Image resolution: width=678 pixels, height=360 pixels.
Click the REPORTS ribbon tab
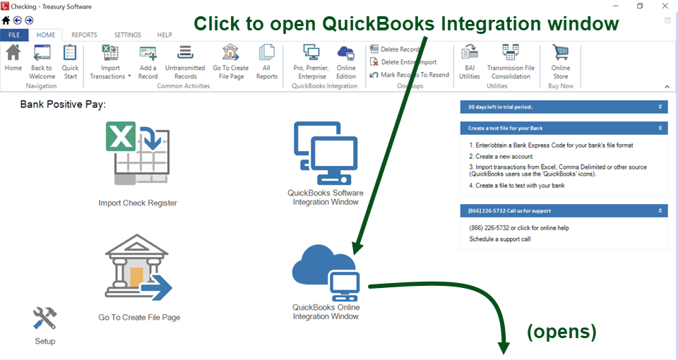(84, 35)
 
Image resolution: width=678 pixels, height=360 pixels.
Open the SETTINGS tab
(127, 35)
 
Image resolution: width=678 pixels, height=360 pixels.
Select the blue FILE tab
(14, 35)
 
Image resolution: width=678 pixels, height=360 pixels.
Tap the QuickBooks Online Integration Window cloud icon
(326, 272)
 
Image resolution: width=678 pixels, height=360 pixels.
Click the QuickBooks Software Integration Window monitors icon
(326, 152)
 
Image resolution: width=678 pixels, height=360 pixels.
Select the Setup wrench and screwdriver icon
(44, 319)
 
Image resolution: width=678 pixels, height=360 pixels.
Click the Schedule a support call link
(499, 239)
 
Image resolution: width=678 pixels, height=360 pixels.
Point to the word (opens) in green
(561, 331)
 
